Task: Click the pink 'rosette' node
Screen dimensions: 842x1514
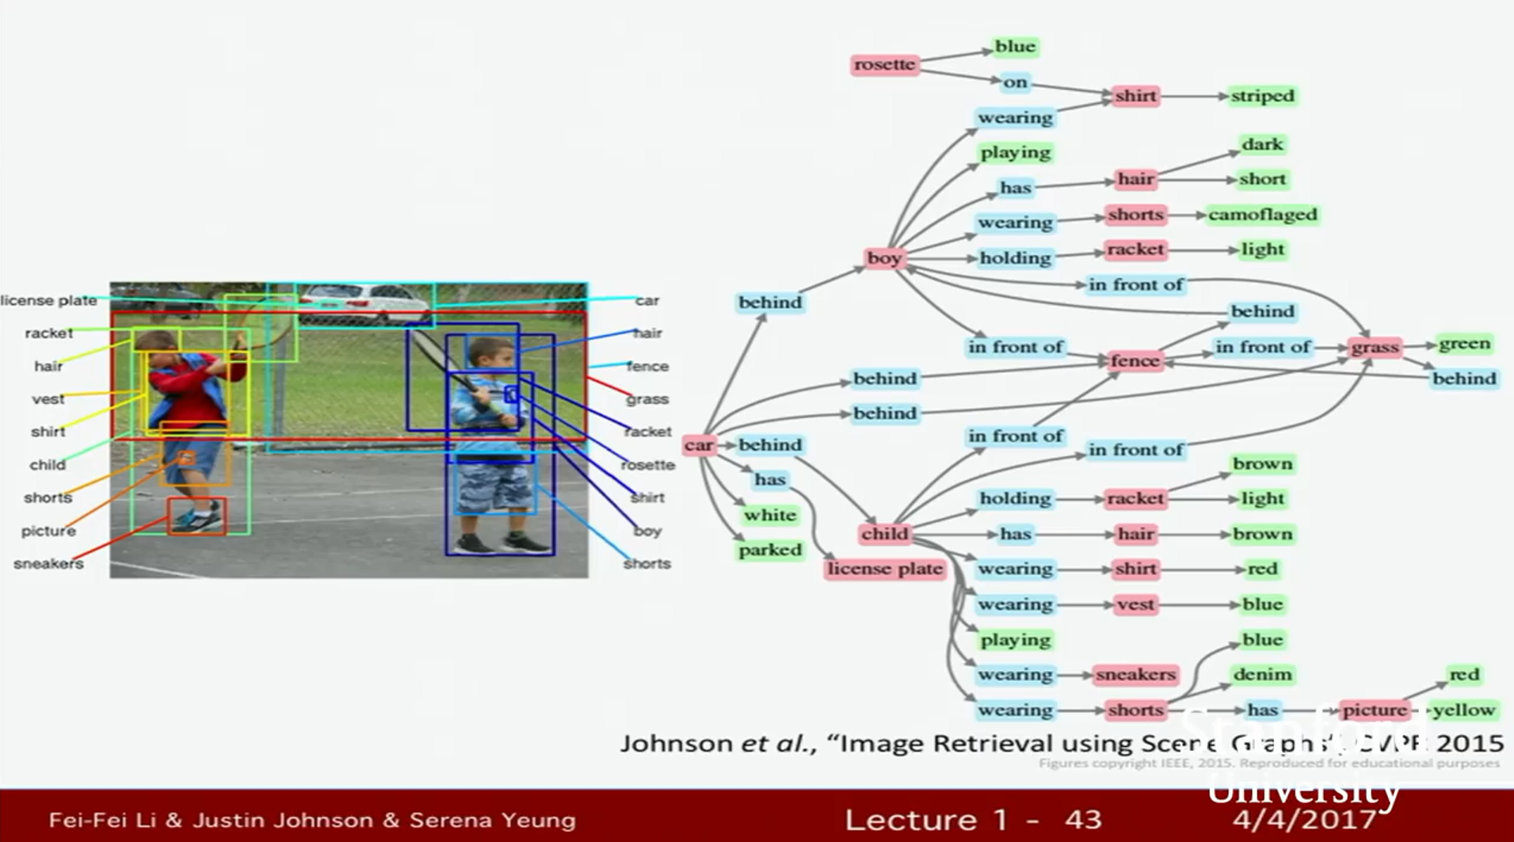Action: tap(884, 64)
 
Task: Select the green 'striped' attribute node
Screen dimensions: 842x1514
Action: tap(1262, 96)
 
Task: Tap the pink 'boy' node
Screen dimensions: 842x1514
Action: tap(883, 258)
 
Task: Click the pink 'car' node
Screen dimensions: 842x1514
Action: tap(698, 445)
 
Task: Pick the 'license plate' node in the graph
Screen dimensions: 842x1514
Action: tap(884, 569)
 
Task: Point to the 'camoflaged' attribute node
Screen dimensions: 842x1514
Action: tap(1262, 215)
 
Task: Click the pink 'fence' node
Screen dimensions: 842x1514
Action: tap(1135, 361)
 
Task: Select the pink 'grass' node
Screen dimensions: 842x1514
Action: tap(1375, 347)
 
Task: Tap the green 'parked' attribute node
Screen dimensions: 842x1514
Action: tap(769, 550)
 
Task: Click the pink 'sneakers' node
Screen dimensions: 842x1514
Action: tap(1135, 675)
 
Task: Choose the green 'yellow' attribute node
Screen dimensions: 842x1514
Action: tap(1463, 710)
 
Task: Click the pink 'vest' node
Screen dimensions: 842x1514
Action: tap(1135, 604)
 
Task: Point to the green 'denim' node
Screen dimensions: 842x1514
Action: tap(1262, 675)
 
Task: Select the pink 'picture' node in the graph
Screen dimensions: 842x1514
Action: tap(1375, 710)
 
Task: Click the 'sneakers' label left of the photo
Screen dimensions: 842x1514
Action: tap(48, 564)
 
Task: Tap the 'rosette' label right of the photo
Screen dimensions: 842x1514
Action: tap(647, 465)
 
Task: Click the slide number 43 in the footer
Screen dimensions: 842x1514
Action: tap(1082, 819)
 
